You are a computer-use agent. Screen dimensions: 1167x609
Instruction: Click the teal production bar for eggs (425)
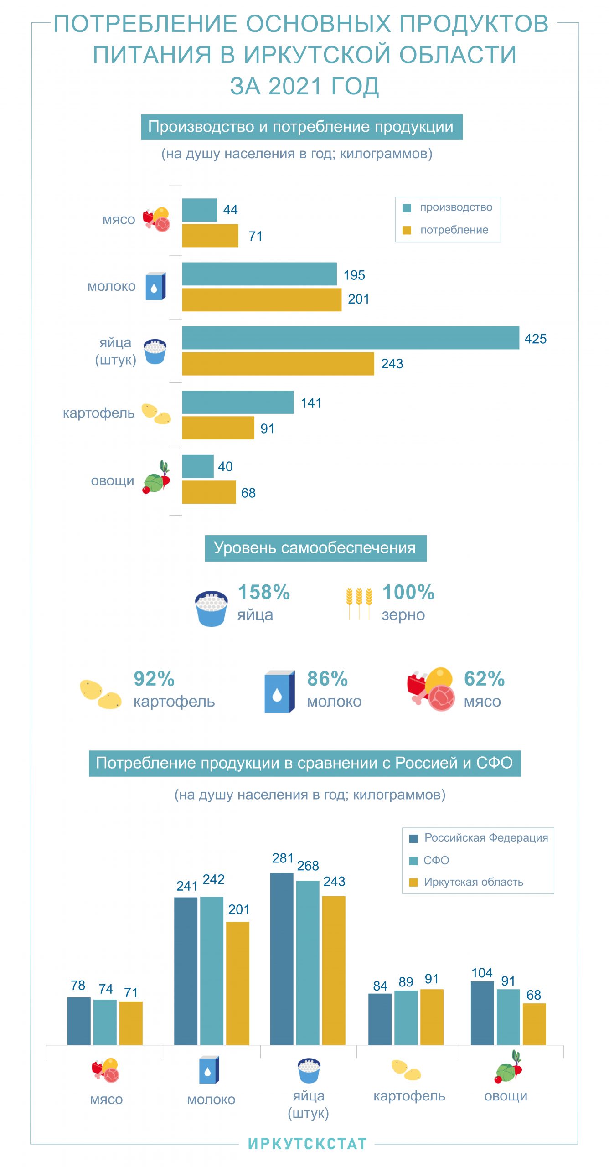[x=350, y=338]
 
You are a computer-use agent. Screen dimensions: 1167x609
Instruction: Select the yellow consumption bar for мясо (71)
[x=210, y=236]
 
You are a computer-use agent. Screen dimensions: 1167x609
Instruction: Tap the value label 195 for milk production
[x=354, y=275]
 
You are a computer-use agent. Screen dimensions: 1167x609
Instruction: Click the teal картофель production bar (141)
[x=237, y=402]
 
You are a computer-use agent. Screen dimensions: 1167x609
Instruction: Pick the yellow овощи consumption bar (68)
[x=209, y=492]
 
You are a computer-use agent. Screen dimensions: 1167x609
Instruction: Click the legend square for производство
[x=407, y=208]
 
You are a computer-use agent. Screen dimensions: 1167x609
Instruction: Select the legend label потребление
[x=454, y=230]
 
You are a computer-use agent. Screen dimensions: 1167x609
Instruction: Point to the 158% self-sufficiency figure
[x=263, y=592]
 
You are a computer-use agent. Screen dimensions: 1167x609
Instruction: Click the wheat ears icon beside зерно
[x=359, y=602]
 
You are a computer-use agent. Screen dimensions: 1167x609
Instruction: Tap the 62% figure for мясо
[x=484, y=678]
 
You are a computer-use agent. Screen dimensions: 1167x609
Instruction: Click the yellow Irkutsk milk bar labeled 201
[x=237, y=983]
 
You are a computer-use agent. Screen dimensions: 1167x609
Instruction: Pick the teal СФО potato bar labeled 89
[x=405, y=1017]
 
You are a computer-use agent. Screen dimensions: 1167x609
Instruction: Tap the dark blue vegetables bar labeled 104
[x=482, y=1012]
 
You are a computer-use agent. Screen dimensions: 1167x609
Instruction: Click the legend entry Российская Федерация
[x=485, y=837]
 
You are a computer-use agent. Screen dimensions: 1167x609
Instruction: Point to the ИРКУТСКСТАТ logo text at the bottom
[x=307, y=1144]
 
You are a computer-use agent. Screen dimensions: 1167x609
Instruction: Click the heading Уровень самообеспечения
[x=315, y=548]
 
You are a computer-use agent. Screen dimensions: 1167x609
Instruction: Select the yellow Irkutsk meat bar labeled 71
[x=131, y=1023]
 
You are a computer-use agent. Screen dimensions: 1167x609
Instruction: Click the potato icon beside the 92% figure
[x=100, y=693]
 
